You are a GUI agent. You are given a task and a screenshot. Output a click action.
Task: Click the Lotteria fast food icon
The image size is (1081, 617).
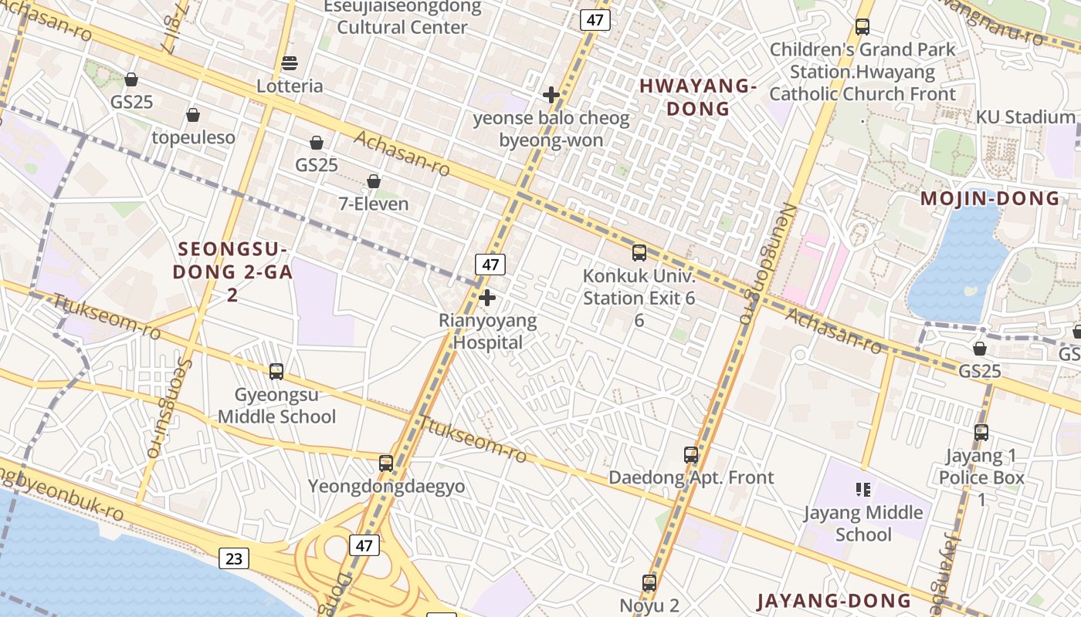pyautogui.click(x=290, y=62)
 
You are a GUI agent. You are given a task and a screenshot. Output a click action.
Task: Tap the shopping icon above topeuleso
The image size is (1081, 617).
pyautogui.click(x=193, y=115)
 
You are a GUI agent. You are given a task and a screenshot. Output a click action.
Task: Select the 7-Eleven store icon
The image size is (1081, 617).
pyautogui.click(x=374, y=181)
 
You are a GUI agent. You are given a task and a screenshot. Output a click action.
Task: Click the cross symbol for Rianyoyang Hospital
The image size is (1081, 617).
pyautogui.click(x=487, y=297)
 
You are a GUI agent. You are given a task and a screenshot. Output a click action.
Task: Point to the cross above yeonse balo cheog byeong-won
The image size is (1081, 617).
pyautogui.click(x=551, y=95)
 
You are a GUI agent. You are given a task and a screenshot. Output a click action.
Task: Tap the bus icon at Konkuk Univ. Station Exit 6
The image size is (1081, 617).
pyautogui.click(x=639, y=252)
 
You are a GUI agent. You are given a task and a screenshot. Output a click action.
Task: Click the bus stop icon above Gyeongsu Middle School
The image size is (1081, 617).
pyautogui.click(x=276, y=371)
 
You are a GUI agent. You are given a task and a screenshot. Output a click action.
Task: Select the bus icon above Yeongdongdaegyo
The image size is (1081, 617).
pyautogui.click(x=386, y=464)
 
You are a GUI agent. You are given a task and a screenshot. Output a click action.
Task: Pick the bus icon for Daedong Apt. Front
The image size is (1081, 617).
pyautogui.click(x=691, y=455)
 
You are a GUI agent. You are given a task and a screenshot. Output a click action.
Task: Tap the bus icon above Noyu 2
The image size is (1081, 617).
pyautogui.click(x=649, y=582)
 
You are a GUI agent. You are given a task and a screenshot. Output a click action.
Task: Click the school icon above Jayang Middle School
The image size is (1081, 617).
pyautogui.click(x=863, y=489)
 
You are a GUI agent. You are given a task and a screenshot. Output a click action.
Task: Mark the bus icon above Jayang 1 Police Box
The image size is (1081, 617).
pyautogui.click(x=981, y=432)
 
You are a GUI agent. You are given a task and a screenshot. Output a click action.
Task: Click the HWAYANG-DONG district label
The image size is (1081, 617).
pyautogui.click(x=697, y=97)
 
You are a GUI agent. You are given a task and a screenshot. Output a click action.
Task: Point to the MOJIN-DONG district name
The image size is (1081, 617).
pyautogui.click(x=990, y=198)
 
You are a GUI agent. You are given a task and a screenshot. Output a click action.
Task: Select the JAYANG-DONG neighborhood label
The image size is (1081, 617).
pyautogui.click(x=834, y=601)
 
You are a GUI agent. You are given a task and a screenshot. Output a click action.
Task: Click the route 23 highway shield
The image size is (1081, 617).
pyautogui.click(x=233, y=558)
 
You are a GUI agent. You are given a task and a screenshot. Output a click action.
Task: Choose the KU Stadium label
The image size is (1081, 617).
pyautogui.click(x=1025, y=117)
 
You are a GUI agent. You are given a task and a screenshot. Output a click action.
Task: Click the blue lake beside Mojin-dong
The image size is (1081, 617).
pyautogui.click(x=957, y=262)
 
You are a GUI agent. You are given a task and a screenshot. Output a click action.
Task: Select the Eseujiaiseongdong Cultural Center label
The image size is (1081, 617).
pyautogui.click(x=402, y=17)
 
